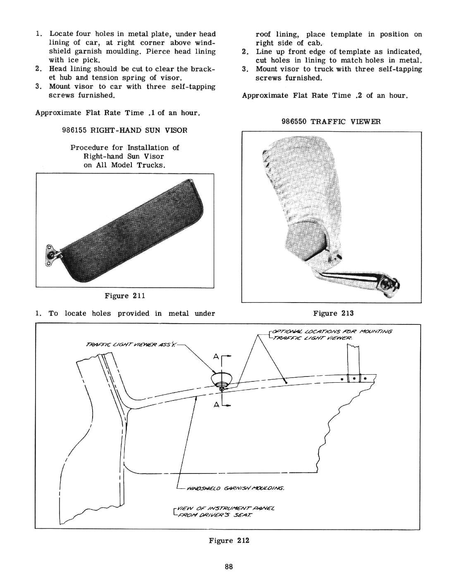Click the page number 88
pos(229,566)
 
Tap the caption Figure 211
pos(125,296)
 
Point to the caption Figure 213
pos(334,313)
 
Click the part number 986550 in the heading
pos(294,121)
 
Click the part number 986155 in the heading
pos(74,130)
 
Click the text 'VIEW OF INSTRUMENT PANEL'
pos(226,509)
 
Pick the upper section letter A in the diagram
pos(216,357)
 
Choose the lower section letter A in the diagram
pos(216,405)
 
